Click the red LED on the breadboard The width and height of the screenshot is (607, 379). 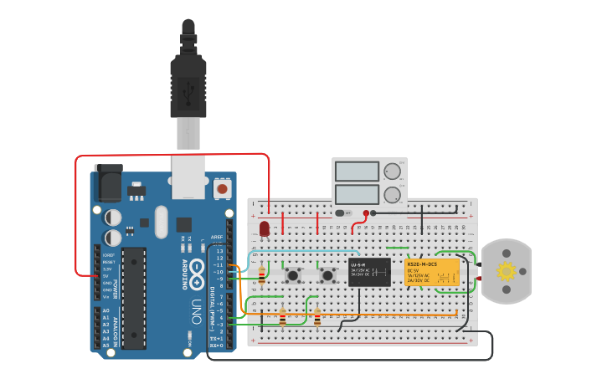(x=265, y=228)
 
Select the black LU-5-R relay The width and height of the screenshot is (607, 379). (x=369, y=273)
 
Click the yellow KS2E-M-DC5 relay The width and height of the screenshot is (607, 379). (x=432, y=272)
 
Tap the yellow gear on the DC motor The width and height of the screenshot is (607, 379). (x=506, y=271)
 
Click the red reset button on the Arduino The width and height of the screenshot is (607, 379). (x=222, y=189)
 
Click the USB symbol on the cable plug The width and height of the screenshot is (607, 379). (x=188, y=87)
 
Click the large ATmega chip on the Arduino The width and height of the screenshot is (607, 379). (x=133, y=297)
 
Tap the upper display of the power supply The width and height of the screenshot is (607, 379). (x=357, y=172)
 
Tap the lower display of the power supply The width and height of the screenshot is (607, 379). (x=357, y=195)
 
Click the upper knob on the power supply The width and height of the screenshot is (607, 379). (x=391, y=172)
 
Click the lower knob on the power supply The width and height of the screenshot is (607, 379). (x=391, y=196)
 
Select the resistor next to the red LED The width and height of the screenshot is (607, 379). (x=262, y=274)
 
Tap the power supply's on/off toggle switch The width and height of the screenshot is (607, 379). (x=342, y=213)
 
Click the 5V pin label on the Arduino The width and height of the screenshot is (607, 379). (x=107, y=275)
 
